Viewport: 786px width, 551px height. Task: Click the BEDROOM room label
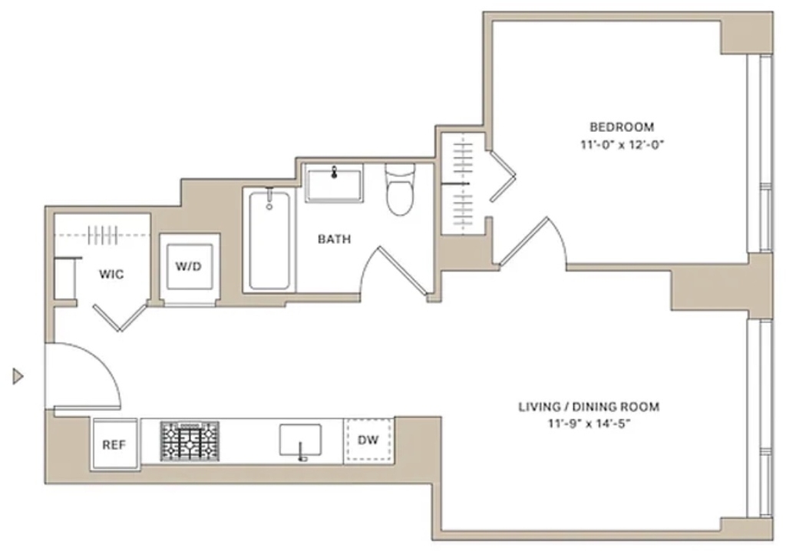pos(622,127)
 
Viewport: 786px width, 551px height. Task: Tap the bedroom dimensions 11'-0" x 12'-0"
pos(622,145)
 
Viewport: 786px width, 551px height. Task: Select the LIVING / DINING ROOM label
pos(589,407)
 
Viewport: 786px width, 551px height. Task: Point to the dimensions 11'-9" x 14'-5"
pos(589,424)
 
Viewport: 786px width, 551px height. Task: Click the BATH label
pos(335,239)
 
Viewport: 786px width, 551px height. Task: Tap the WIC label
pos(111,274)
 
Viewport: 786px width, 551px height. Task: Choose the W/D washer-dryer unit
pos(190,267)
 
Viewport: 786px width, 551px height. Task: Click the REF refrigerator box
pos(114,444)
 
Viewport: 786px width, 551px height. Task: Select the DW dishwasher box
pos(368,440)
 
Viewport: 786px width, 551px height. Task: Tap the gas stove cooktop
pos(190,441)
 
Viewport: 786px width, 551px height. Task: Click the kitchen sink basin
pos(300,440)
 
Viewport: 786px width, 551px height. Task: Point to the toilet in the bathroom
pos(400,189)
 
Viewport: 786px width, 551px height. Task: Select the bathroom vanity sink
pos(335,183)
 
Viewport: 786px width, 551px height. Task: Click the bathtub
pos(269,241)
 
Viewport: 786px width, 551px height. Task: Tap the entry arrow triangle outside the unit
pos(18,375)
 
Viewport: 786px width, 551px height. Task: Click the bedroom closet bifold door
pos(503,176)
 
